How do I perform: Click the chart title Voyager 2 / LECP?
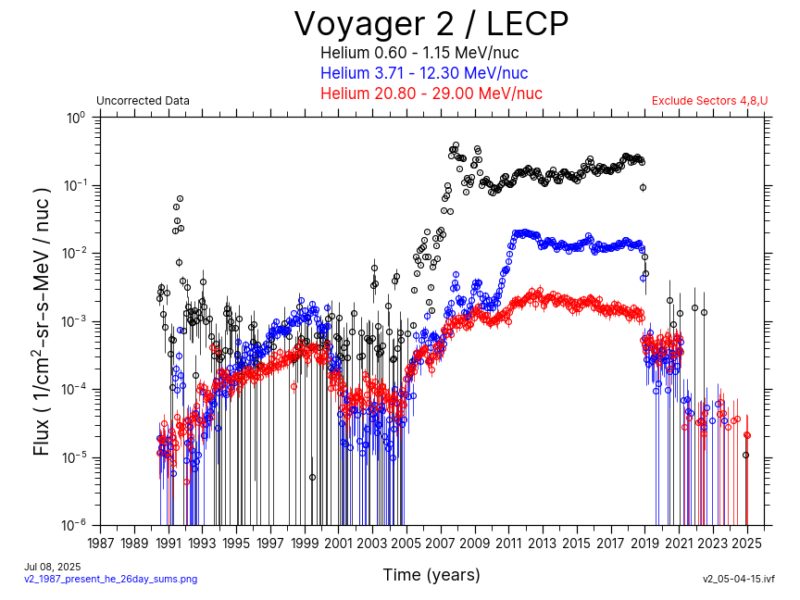(431, 24)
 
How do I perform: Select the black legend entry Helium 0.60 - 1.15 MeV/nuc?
(419, 53)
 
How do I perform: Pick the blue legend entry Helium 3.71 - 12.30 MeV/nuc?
(424, 73)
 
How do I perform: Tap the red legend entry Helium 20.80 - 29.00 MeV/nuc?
(431, 94)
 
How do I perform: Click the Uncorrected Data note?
(143, 101)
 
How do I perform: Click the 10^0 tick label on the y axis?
(75, 118)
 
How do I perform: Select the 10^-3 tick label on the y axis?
(74, 321)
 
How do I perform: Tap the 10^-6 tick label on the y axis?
(74, 525)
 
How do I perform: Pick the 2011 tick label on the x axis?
(508, 542)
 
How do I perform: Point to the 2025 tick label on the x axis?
(746, 542)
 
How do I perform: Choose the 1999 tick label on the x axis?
(305, 542)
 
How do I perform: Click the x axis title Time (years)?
(431, 575)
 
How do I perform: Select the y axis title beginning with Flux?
(43, 321)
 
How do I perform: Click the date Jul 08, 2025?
(53, 567)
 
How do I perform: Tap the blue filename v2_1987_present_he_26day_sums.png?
(110, 579)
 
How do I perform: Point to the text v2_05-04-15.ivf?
(738, 579)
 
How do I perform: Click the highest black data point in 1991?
(180, 198)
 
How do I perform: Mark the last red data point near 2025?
(747, 435)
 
